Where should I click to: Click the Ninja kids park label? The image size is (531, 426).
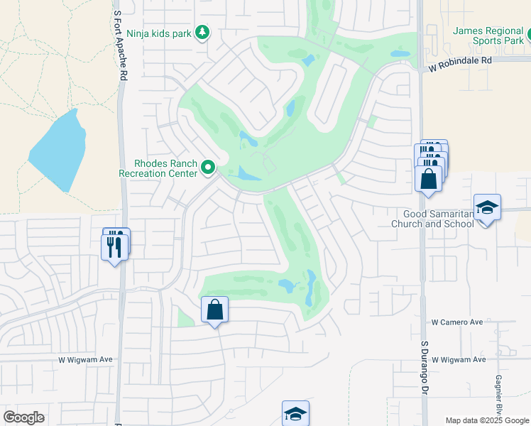(x=160, y=33)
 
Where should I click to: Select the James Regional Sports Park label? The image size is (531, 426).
(x=488, y=35)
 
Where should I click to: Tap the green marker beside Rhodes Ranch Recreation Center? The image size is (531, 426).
(x=208, y=168)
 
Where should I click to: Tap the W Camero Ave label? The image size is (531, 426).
(x=457, y=322)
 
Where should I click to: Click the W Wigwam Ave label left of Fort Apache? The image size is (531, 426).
(x=85, y=360)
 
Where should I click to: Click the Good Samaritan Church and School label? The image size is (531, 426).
(x=432, y=219)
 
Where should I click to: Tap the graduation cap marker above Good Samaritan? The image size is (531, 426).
(x=487, y=208)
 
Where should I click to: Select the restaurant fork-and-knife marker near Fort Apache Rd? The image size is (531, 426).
(x=115, y=246)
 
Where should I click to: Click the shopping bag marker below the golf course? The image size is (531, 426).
(x=214, y=310)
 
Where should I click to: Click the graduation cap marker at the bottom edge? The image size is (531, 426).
(x=295, y=414)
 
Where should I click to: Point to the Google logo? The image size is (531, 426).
(x=23, y=417)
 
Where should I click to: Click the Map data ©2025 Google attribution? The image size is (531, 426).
(x=486, y=420)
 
